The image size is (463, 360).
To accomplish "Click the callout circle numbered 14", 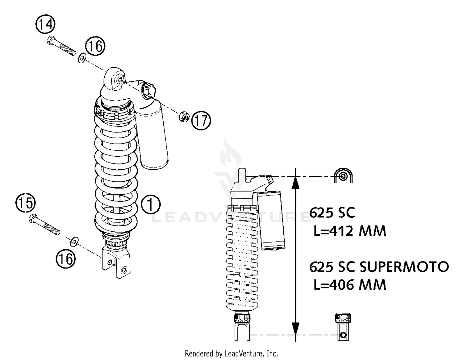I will pos(45,24).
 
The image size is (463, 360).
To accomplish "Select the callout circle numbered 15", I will pos(26,203).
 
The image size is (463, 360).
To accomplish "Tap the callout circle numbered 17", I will pos(201,120).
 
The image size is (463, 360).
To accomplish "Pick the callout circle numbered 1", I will pos(151,204).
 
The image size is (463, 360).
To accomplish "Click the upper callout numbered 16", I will pos(95,46).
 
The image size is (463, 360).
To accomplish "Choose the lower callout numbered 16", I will pos(66,259).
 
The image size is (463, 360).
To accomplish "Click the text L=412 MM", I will pos(349,231).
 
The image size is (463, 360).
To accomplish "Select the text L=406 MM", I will pos(349,284).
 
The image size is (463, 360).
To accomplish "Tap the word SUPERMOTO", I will pos(404,267).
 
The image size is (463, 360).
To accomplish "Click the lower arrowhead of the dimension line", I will pos(295,329).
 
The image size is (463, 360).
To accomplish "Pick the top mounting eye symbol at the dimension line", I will pos(343,176).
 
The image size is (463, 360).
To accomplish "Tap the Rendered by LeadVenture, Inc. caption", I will pos(231,354).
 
